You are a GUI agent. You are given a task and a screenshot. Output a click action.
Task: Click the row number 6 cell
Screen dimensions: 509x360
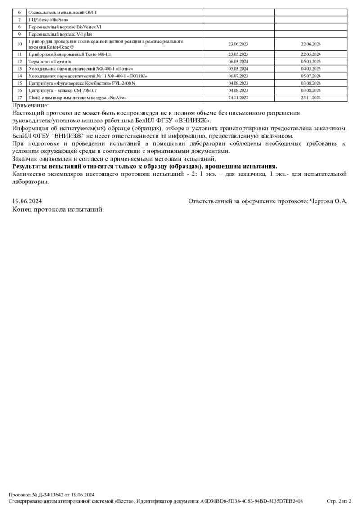click(x=19, y=12)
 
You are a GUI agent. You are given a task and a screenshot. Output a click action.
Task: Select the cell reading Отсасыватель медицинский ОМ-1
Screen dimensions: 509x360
click(x=63, y=12)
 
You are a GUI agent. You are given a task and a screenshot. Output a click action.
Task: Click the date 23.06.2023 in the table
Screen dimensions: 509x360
click(x=238, y=44)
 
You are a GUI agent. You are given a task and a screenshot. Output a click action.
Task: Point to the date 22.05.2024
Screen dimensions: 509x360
click(x=310, y=54)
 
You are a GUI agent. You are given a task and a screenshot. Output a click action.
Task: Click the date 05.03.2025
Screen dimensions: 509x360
click(x=310, y=61)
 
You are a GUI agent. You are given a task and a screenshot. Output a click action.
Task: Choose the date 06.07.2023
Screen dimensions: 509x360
click(x=238, y=76)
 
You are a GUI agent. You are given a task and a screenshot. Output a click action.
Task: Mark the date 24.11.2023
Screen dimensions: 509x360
click(x=238, y=98)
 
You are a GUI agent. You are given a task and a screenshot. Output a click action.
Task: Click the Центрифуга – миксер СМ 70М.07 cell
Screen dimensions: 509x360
click(x=62, y=90)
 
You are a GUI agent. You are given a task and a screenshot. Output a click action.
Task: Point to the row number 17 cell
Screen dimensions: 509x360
click(x=19, y=98)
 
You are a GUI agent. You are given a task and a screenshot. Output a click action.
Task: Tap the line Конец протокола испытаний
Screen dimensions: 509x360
click(x=58, y=210)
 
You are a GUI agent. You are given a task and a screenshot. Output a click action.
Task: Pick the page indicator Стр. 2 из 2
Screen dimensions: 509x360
click(x=338, y=501)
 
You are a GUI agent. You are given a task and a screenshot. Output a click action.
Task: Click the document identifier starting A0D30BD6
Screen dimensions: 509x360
click(x=252, y=501)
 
